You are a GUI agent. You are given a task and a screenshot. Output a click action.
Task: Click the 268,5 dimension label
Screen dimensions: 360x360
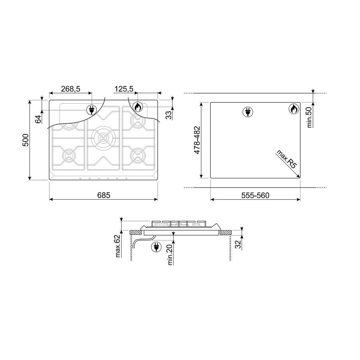[70, 89]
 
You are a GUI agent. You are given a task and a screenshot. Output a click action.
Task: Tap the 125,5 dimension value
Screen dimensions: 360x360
[124, 89]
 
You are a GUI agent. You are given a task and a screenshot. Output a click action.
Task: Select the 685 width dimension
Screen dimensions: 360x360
[104, 195]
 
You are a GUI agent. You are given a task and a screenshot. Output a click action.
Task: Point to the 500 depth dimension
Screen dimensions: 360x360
[26, 140]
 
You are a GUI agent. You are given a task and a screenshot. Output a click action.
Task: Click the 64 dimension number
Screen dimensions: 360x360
[38, 119]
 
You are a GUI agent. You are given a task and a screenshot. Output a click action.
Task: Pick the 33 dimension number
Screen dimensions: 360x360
[169, 115]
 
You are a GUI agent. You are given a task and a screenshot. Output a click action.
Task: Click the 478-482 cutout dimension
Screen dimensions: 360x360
[197, 140]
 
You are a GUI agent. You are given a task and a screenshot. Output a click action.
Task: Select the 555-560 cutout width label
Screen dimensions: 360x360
[255, 195]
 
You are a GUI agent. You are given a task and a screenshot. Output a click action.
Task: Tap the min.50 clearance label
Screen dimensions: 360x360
[309, 117]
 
